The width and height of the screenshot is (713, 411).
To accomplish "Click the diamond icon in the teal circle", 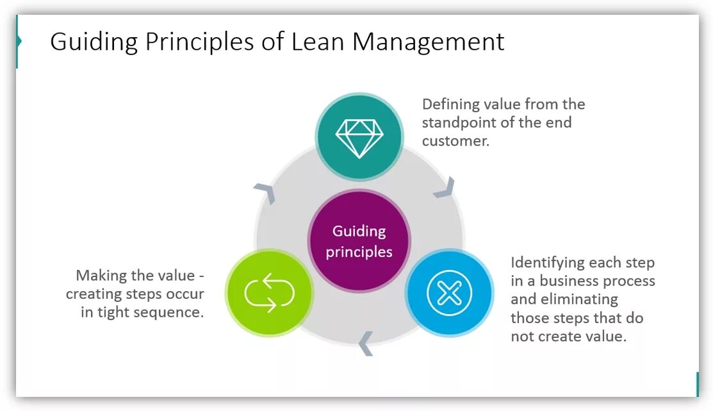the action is point(359,137).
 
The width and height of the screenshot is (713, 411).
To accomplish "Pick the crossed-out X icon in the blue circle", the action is point(449,294).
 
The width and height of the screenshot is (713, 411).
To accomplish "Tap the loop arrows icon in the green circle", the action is point(269,293).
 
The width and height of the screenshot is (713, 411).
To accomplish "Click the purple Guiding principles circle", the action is point(359,241).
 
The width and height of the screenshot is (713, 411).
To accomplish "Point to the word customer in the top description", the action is point(455,140).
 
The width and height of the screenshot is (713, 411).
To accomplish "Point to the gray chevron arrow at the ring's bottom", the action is point(365,343).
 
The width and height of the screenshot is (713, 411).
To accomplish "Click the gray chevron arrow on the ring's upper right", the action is point(445,187).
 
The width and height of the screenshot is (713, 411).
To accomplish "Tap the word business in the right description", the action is point(571,281).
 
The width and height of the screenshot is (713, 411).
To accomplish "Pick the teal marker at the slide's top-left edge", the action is point(19,42).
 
